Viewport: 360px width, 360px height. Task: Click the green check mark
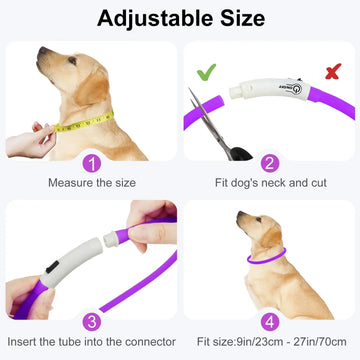coord(206,72)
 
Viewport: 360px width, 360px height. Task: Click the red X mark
coord(333,71)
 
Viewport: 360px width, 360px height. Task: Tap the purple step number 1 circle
coord(91,163)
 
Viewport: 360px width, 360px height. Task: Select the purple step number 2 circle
coord(270,163)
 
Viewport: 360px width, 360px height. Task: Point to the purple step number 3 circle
coord(91,322)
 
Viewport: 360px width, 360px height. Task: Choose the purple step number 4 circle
coord(270,322)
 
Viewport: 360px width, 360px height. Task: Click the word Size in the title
coord(243,18)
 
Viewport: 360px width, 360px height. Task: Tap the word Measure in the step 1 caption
coord(69,183)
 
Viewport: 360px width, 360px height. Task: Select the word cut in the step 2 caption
coord(319,183)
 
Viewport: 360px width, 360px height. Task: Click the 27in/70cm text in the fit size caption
coord(319,342)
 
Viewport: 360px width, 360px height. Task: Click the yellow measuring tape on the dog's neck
coord(84,122)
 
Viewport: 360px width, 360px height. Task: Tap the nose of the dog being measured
coord(42,51)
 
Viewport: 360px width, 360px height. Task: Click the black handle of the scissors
coord(241,154)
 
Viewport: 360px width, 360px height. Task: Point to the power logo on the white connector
coord(297,89)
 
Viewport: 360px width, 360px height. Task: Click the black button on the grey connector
coord(52,267)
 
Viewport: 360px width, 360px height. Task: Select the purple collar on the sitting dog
coord(266,258)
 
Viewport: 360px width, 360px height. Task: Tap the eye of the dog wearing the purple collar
coord(259,220)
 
